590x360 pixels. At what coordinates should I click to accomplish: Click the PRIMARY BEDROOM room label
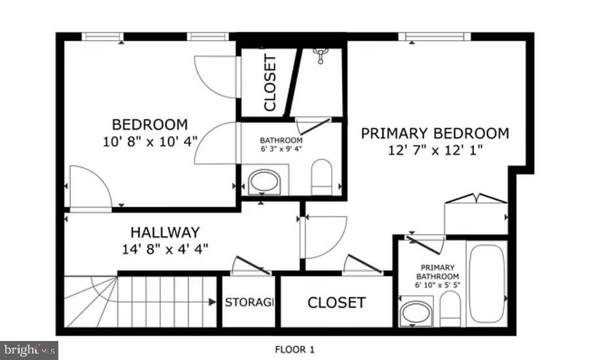click(435, 134)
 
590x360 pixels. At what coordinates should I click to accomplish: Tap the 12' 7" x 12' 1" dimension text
click(435, 150)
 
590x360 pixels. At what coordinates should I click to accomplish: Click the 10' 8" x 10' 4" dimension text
click(149, 140)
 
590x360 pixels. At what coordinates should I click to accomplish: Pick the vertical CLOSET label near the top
click(269, 83)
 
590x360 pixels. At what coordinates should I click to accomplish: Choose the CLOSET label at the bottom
click(336, 302)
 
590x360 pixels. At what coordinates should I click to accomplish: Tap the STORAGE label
click(249, 302)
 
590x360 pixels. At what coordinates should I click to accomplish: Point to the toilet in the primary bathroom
click(450, 308)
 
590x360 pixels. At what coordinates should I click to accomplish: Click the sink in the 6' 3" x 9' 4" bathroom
click(264, 182)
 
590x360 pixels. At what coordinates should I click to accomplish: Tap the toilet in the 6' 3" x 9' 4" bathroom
click(321, 177)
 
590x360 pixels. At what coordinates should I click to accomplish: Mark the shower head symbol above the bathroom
click(321, 55)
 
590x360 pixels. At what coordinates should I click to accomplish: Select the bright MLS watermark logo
click(29, 350)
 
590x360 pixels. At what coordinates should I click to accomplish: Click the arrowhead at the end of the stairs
click(212, 302)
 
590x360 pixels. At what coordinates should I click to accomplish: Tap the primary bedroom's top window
click(434, 37)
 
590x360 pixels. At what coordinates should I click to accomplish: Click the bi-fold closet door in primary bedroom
click(475, 199)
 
